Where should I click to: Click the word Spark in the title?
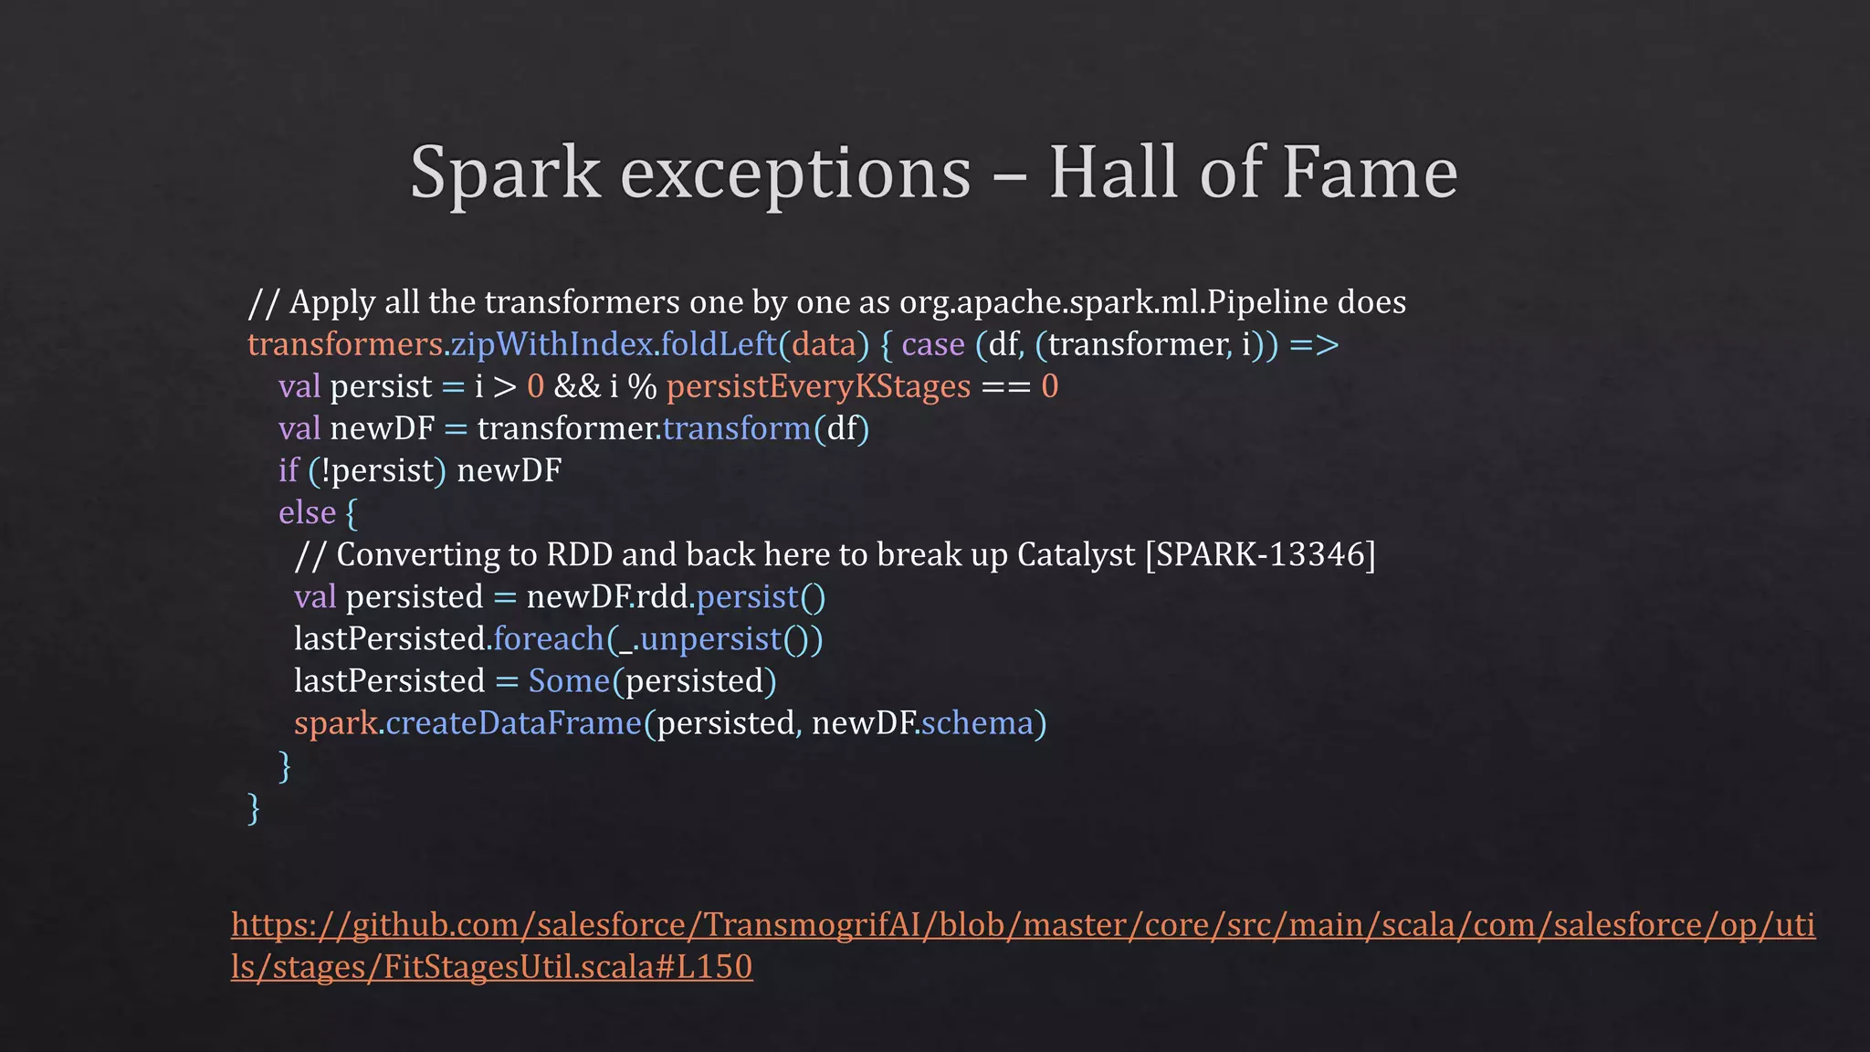coord(504,173)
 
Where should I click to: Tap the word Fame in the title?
coord(1370,173)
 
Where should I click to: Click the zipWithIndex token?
coord(552,344)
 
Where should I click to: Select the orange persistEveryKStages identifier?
coord(818,386)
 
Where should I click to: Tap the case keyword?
coord(932,344)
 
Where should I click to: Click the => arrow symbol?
coord(1314,345)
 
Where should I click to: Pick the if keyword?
coord(289,470)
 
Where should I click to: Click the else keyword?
coord(307,512)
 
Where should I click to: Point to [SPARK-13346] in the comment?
coord(1260,554)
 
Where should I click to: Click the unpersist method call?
coord(711,638)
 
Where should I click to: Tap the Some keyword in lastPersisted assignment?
coord(569,680)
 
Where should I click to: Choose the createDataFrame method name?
coord(514,722)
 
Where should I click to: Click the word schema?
coord(976,722)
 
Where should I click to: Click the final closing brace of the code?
coord(254,807)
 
